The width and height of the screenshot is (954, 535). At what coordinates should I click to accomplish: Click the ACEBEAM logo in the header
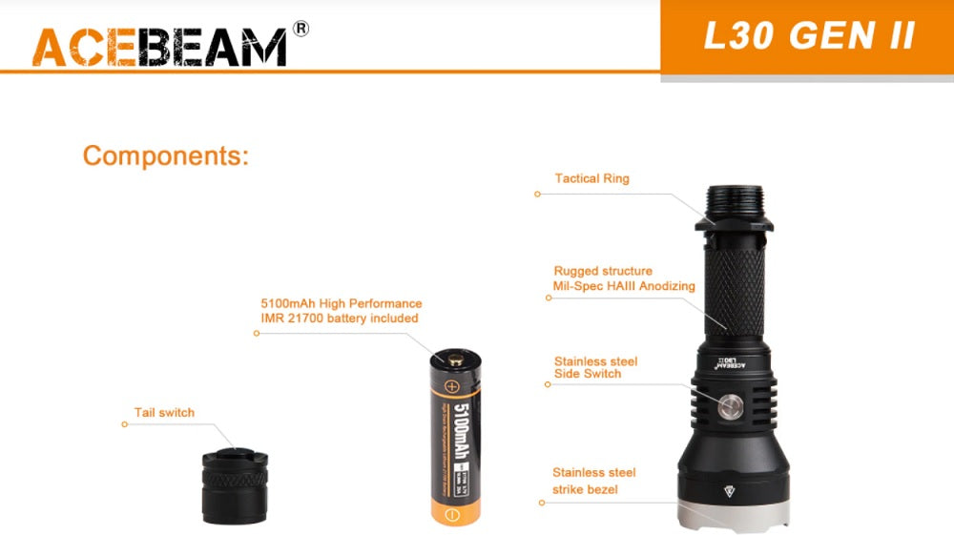159,47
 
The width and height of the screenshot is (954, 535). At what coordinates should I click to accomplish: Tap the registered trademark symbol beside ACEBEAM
301,29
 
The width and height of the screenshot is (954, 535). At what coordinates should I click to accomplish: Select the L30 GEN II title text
809,35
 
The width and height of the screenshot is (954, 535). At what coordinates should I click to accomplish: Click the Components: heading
165,155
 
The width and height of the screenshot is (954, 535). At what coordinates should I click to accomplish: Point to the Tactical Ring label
591,178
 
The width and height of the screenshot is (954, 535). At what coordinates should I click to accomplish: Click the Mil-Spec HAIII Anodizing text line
624,286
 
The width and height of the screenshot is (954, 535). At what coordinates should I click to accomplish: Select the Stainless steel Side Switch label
595,367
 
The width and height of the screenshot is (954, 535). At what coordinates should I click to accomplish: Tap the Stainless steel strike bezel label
593,481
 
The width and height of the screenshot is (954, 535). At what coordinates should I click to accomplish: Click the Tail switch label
164,413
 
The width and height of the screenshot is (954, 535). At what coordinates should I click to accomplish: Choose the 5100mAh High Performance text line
342,303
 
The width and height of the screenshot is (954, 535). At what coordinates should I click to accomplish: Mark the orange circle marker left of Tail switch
124,424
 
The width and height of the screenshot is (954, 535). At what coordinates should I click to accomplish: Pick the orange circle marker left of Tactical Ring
537,194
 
